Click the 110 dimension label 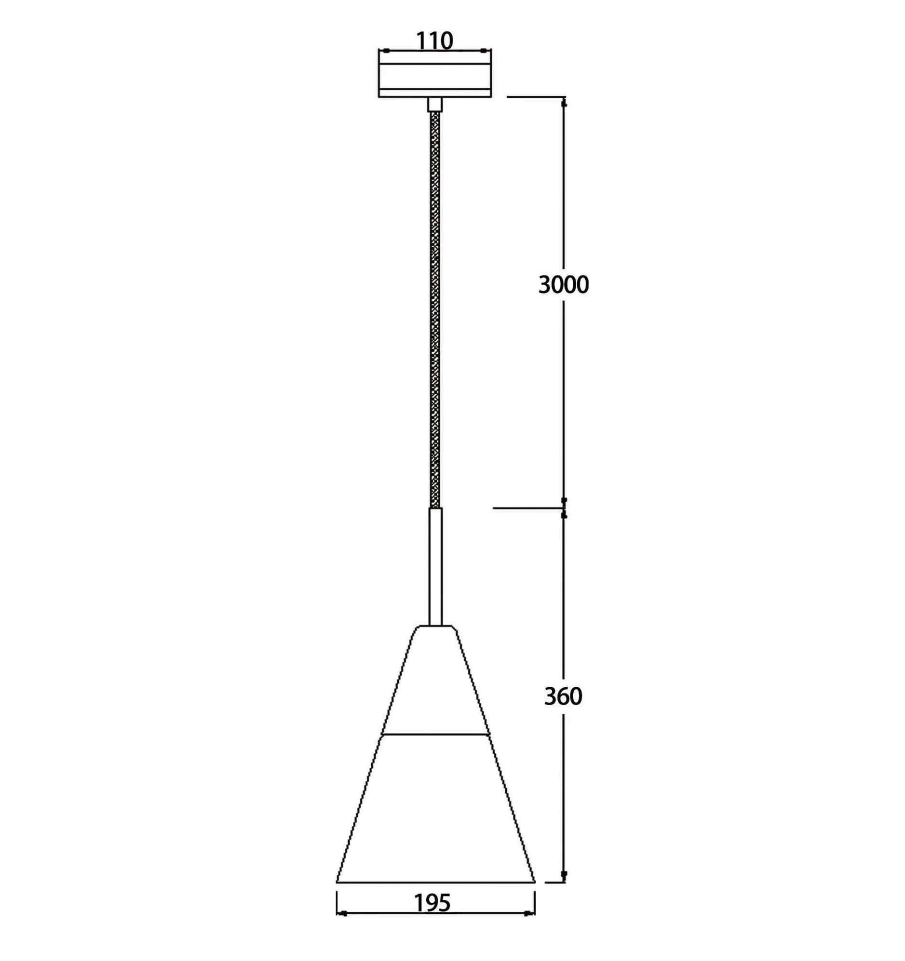pyautogui.click(x=434, y=41)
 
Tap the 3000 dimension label pyautogui.click(x=564, y=285)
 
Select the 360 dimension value pyautogui.click(x=563, y=696)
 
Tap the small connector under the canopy pyautogui.click(x=434, y=105)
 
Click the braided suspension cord pyautogui.click(x=435, y=309)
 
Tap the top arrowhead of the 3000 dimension pyautogui.click(x=564, y=103)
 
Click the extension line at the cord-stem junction pyautogui.click(x=527, y=508)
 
